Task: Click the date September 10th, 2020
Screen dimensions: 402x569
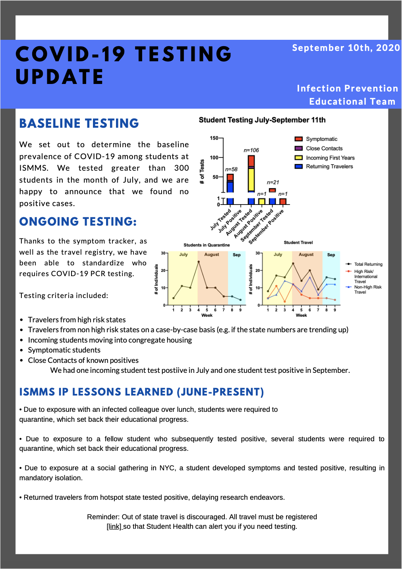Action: pos(346,48)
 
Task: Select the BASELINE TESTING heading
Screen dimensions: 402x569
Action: pos(79,123)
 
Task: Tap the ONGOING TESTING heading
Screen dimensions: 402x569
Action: pos(78,221)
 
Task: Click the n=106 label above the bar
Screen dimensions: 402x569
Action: pos(251,150)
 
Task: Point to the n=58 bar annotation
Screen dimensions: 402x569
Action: pos(231,169)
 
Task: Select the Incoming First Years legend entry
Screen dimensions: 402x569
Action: pos(325,158)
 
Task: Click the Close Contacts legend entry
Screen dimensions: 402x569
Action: pos(319,148)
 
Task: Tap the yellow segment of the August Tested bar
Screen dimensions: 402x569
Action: pos(251,179)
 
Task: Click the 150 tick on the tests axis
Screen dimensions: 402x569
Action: pos(214,138)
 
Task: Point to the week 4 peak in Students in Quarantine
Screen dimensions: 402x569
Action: pos(198,262)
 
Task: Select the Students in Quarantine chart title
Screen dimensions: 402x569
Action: pos(207,245)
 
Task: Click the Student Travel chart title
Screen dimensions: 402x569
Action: pos(298,242)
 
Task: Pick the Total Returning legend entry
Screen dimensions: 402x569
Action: pos(364,264)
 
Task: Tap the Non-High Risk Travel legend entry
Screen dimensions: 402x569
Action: pos(364,289)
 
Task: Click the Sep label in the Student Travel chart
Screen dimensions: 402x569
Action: pos(331,255)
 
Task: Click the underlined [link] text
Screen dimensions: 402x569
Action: pos(114,526)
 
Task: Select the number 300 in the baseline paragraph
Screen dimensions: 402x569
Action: pos(182,168)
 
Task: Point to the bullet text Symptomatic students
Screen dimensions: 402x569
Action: pos(64,350)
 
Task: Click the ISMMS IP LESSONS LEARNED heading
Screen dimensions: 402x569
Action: pos(141,392)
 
